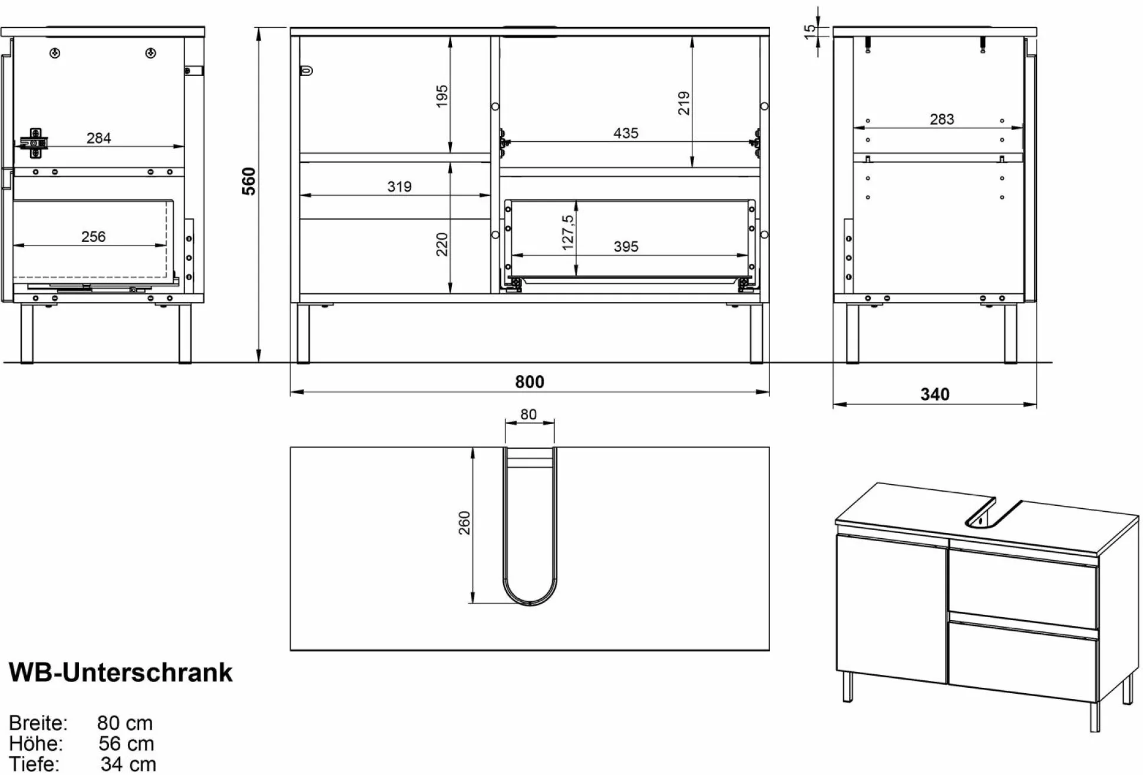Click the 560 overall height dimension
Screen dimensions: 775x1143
point(250,181)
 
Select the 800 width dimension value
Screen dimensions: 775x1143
point(529,382)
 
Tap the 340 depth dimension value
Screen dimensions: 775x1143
point(934,394)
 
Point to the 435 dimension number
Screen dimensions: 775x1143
point(625,133)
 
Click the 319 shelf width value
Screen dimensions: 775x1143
point(399,187)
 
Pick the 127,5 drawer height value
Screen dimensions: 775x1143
point(567,232)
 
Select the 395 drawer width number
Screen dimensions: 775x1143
point(625,246)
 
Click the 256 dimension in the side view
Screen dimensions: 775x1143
point(93,236)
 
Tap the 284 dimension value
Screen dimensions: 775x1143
point(98,138)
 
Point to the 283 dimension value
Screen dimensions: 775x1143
point(942,119)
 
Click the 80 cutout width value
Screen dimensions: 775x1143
point(528,415)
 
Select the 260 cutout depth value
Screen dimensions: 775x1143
point(464,522)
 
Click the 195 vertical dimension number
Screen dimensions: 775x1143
point(441,95)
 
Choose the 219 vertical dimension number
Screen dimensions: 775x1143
point(683,103)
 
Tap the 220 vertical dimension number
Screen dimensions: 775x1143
point(441,244)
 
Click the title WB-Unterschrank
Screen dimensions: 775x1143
point(121,672)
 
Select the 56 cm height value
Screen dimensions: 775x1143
point(126,743)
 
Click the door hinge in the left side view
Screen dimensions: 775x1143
point(35,143)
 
